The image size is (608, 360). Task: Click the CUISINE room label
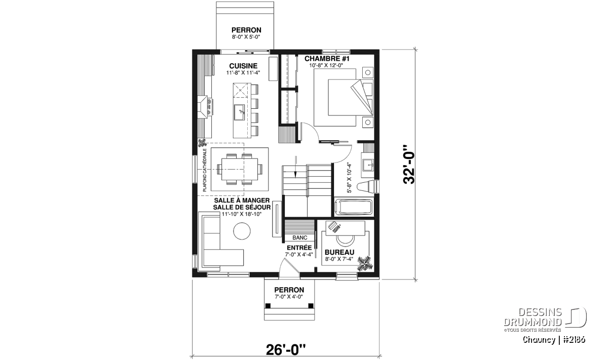pyautogui.click(x=243, y=66)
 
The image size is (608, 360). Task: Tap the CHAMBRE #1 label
pyautogui.click(x=327, y=59)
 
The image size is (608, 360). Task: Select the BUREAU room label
pyautogui.click(x=339, y=252)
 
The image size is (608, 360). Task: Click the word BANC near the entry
pyautogui.click(x=299, y=237)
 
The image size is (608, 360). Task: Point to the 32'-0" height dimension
pyautogui.click(x=409, y=165)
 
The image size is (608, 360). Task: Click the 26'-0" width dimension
pyautogui.click(x=286, y=350)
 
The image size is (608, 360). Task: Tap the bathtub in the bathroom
pyautogui.click(x=354, y=208)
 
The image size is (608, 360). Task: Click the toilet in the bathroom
pyautogui.click(x=367, y=187)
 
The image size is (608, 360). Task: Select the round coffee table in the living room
pyautogui.click(x=242, y=231)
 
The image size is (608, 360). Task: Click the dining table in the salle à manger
pyautogui.click(x=240, y=169)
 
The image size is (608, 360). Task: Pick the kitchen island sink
pyautogui.click(x=240, y=112)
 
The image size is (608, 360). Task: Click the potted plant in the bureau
pyautogui.click(x=364, y=263)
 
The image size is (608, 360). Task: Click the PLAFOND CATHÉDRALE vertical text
pyautogui.click(x=205, y=170)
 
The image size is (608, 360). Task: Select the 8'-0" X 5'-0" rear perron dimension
pyautogui.click(x=246, y=36)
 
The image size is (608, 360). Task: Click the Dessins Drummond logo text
pyautogui.click(x=533, y=317)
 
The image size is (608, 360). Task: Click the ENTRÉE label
pyautogui.click(x=299, y=248)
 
